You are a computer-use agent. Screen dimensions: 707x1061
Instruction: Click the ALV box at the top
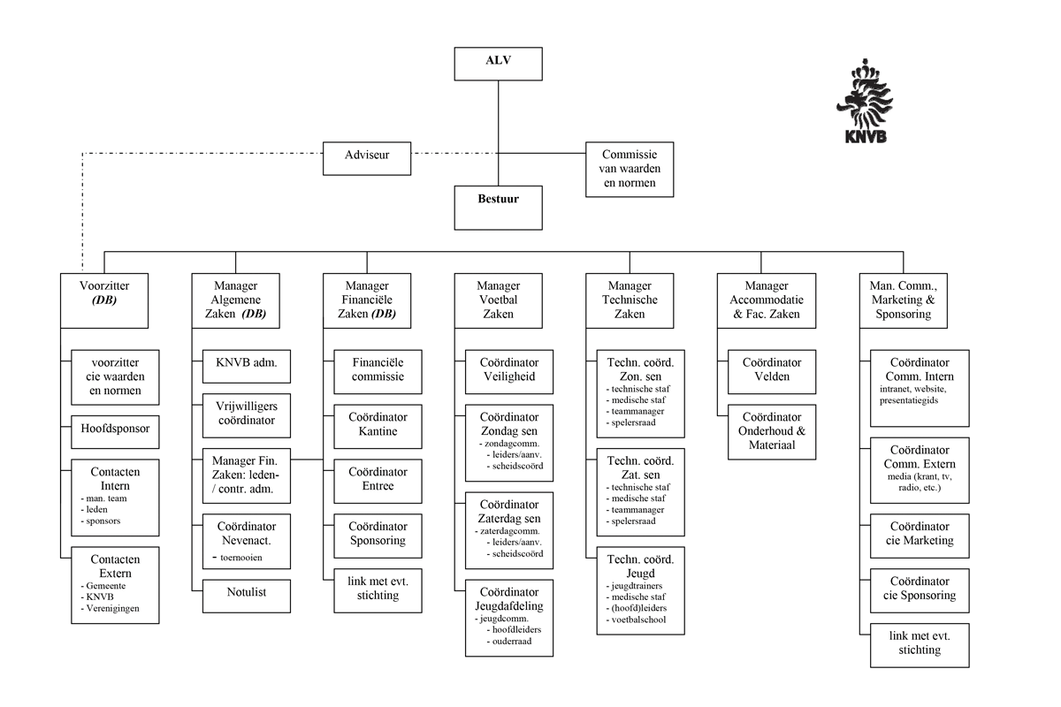[498, 64]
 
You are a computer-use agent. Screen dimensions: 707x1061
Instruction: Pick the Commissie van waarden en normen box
[628, 169]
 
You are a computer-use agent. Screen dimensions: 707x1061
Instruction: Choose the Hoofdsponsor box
[115, 430]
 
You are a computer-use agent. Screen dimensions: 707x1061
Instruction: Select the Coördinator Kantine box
[378, 424]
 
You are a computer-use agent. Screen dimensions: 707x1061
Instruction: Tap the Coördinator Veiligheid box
[508, 370]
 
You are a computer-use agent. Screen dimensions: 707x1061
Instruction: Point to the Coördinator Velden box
[771, 370]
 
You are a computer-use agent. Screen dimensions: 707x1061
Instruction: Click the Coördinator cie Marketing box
[920, 535]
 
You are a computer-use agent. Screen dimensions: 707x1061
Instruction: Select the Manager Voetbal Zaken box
[498, 300]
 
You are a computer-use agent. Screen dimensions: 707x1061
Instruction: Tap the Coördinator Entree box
[378, 479]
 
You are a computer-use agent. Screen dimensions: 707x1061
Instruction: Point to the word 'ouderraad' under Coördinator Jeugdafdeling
[512, 642]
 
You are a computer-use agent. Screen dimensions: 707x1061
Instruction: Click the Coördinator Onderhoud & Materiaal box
[771, 431]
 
